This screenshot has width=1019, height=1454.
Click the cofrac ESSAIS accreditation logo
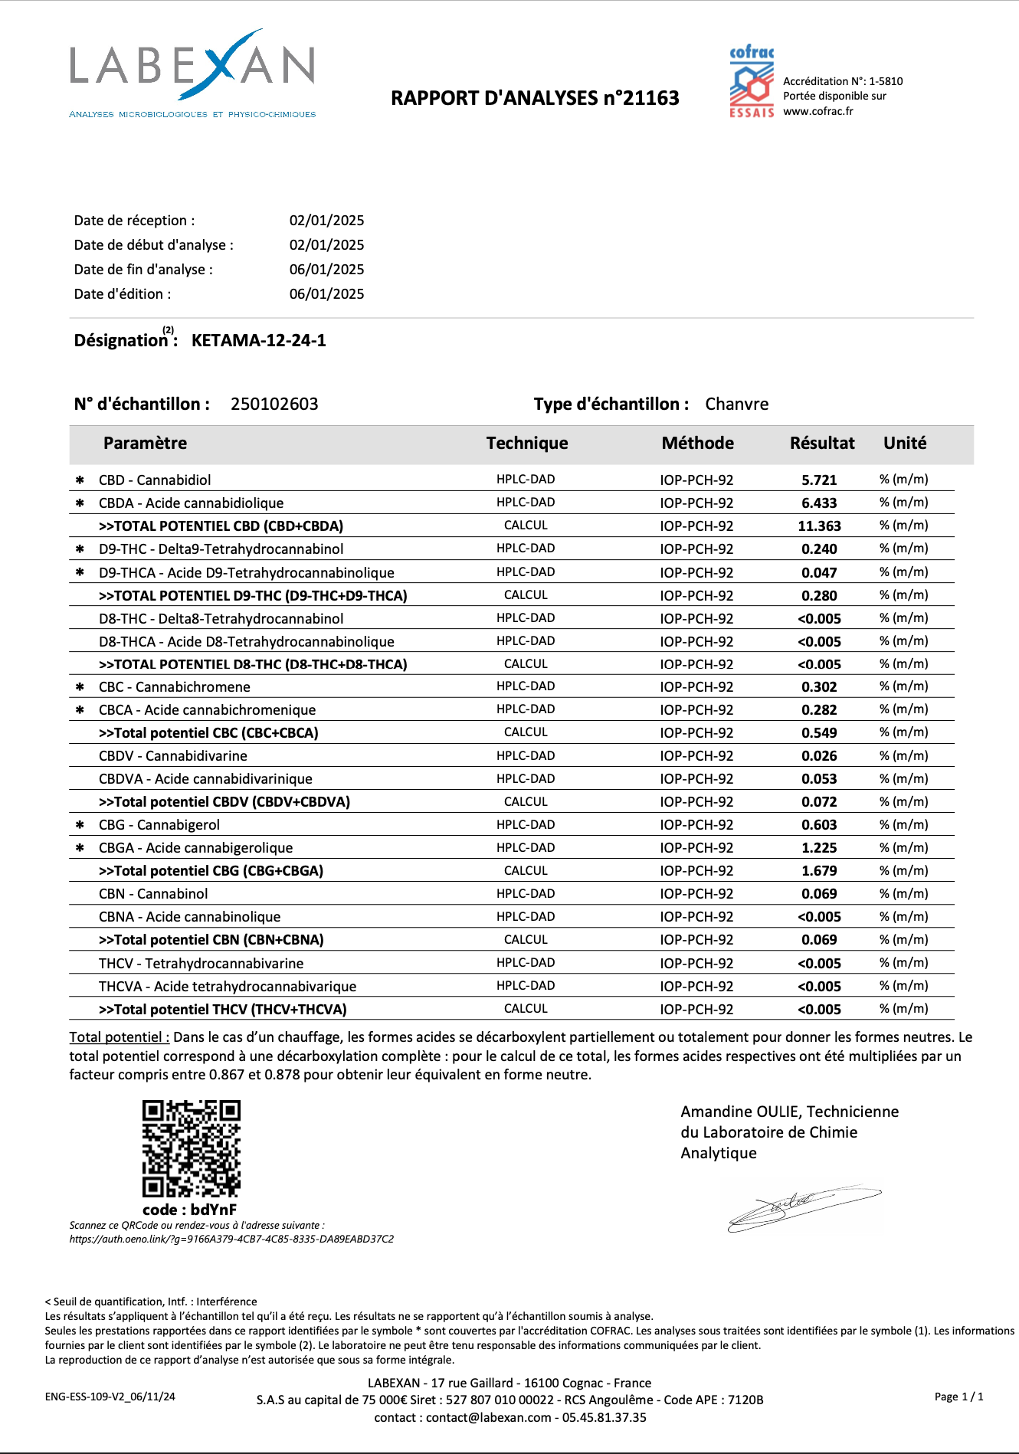pos(751,81)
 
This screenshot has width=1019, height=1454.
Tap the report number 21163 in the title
pos(650,98)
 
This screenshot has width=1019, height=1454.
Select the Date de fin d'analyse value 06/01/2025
pos(326,270)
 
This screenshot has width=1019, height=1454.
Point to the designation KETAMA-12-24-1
pos(258,340)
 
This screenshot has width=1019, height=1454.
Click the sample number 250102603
pos(274,404)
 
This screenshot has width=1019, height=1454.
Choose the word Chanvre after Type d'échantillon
pos(736,404)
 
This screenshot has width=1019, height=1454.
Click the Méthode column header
pos(697,443)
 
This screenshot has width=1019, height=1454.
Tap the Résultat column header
pos(822,443)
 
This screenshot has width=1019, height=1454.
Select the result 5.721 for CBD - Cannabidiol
pos(819,480)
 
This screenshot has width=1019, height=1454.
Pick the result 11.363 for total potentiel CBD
pos(819,526)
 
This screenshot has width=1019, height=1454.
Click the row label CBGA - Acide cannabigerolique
pos(195,848)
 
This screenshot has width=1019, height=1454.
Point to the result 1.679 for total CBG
pos(819,871)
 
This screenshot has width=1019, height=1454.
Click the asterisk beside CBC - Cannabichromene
pos(80,687)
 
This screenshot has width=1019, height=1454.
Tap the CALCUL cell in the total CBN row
pos(526,940)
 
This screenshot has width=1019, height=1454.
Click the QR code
pos(192,1148)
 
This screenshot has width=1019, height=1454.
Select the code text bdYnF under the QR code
pos(214,1210)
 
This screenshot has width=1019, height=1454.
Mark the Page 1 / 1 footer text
pos(958,1397)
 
